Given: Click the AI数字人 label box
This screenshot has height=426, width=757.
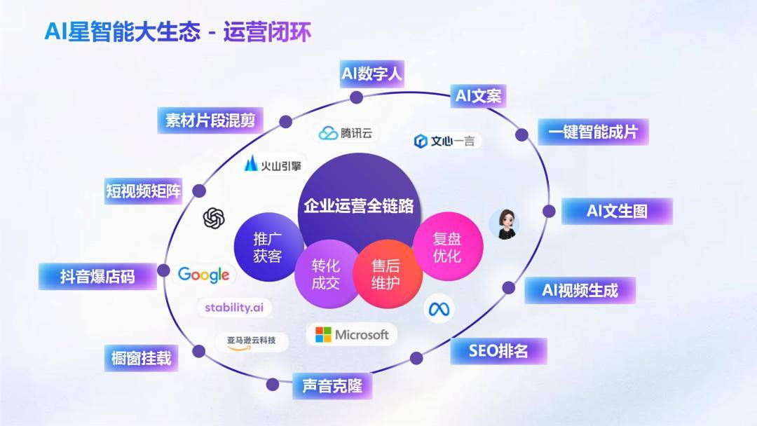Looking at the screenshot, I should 371,74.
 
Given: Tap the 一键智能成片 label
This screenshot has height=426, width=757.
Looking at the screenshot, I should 593,132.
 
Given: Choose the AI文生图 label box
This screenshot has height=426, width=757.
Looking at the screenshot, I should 617,211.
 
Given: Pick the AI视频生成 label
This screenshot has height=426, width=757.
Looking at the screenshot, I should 580,290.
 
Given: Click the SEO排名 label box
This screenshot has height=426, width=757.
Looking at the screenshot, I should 498,350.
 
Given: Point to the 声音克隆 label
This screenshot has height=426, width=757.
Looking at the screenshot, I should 332,385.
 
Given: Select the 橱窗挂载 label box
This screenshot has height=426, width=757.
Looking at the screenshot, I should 141,358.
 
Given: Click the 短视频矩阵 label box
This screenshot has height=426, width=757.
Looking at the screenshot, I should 143,191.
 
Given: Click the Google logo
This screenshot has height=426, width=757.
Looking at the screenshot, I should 203,275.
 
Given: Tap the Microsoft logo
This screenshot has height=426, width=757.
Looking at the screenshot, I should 352,334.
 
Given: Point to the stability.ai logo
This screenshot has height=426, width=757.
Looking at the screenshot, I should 233,307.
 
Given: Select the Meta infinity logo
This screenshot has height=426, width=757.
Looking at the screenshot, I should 441,309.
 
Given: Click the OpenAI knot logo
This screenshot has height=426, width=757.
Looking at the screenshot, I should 214,219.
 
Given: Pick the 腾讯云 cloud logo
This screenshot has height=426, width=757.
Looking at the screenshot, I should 348,133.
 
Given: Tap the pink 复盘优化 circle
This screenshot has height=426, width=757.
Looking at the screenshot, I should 447,247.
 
